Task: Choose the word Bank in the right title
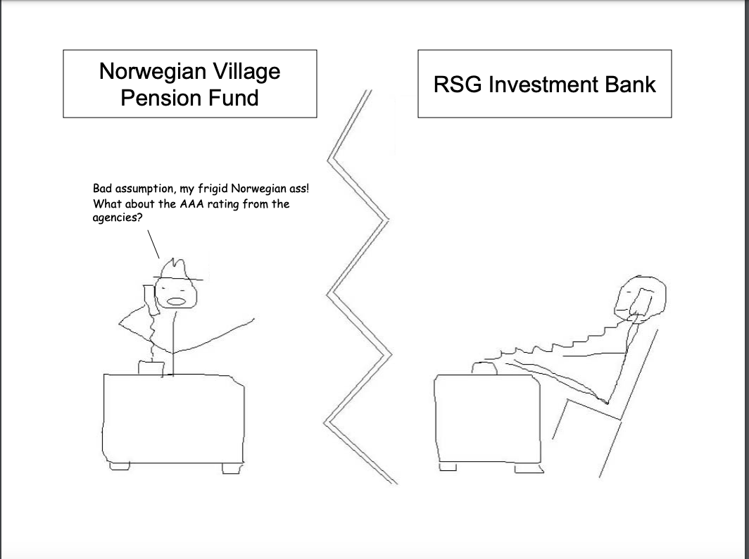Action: coord(631,84)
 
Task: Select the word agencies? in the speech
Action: coord(118,218)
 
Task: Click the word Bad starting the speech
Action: coord(102,188)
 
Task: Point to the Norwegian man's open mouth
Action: coord(176,301)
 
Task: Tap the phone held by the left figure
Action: coord(151,299)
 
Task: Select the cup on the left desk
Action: coord(151,368)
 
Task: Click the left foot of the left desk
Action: coord(120,466)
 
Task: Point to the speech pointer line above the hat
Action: coord(153,244)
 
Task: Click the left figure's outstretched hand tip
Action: coord(253,319)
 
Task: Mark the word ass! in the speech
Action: coord(299,188)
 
